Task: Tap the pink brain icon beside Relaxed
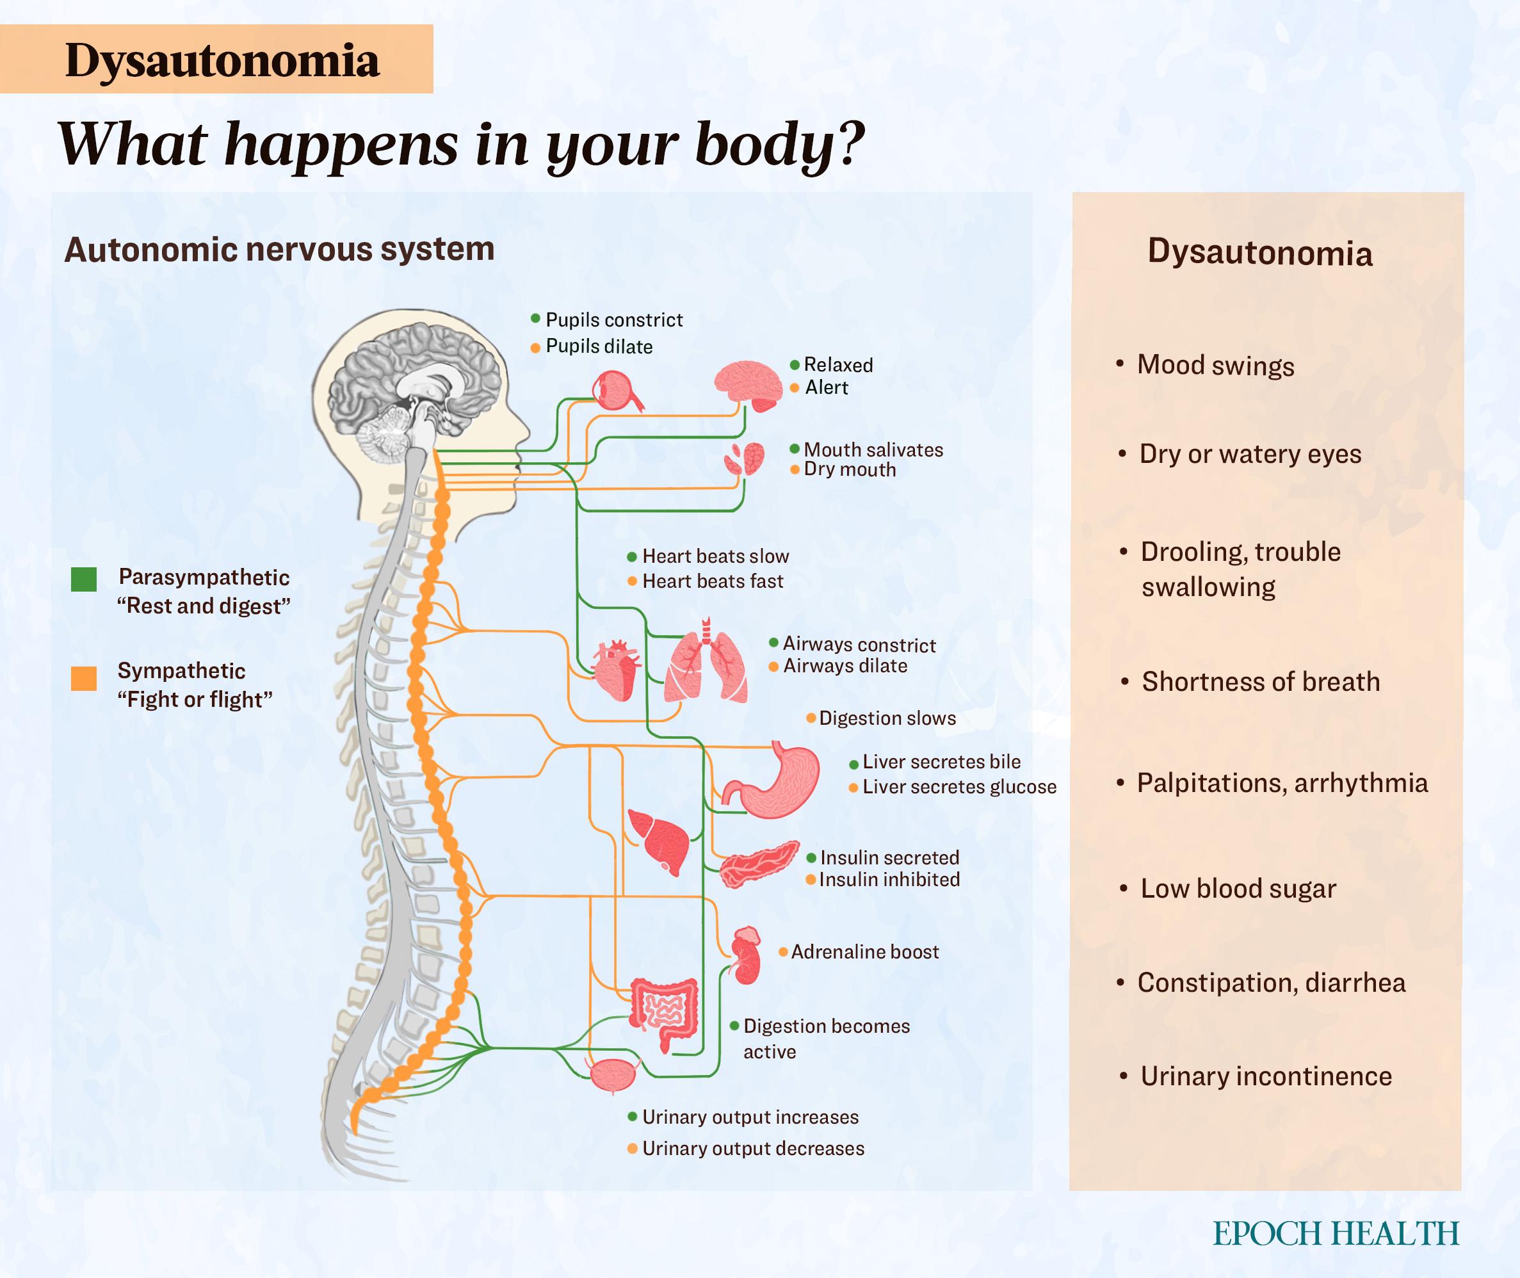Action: (747, 384)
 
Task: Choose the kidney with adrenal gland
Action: (747, 957)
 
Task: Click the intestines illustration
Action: (663, 1010)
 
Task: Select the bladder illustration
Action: (613, 1074)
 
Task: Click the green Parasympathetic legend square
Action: (84, 579)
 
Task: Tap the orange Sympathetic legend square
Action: (84, 678)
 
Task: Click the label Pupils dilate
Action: (599, 346)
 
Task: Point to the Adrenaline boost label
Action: (864, 952)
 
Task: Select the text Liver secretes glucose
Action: (958, 787)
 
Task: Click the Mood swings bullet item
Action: (1215, 365)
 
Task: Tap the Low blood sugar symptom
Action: (1238, 889)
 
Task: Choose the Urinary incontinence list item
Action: (1266, 1076)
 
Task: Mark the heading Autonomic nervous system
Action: (280, 249)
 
